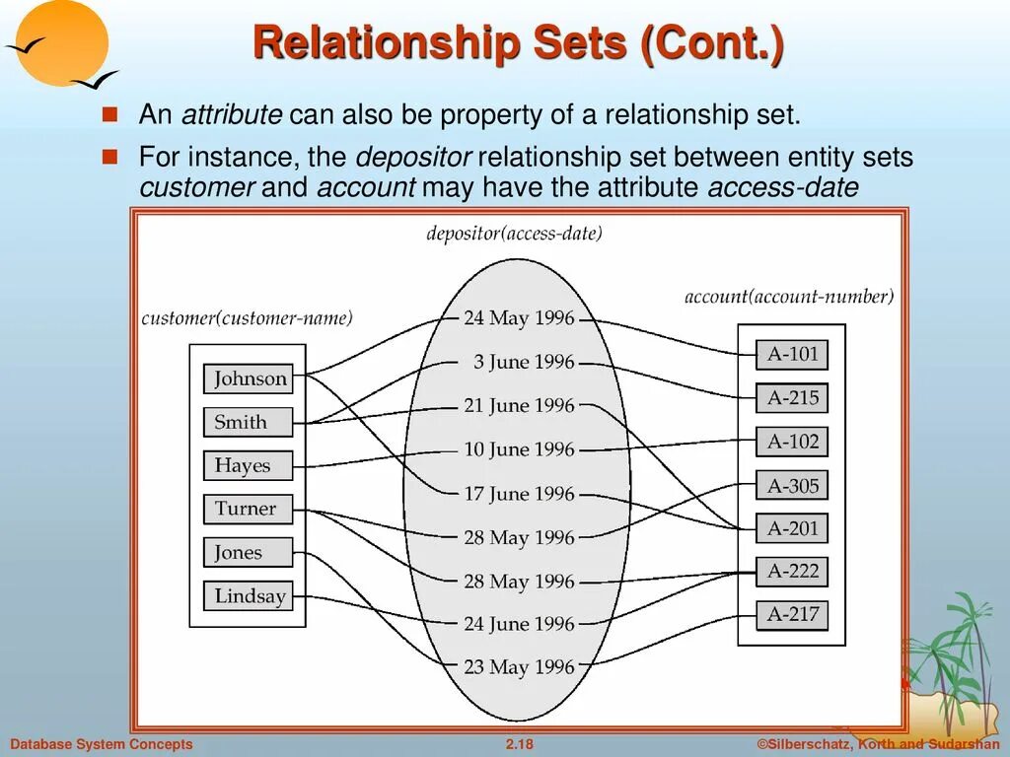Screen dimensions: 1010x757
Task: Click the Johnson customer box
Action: (249, 378)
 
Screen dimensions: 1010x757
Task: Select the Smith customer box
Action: (249, 422)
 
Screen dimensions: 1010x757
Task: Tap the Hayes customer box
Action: (249, 465)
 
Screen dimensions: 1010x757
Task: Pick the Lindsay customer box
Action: (249, 595)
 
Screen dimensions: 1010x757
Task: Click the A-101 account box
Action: (792, 354)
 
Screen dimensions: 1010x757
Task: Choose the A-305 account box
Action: (792, 485)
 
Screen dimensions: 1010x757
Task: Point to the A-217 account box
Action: (792, 614)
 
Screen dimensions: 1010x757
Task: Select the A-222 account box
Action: (792, 571)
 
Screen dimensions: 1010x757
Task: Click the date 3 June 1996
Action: (523, 362)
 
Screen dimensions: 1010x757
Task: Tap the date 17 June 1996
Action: (519, 494)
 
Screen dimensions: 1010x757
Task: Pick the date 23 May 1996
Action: (519, 667)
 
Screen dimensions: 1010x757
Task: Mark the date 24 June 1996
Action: (519, 624)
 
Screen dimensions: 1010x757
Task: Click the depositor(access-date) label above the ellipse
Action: (514, 234)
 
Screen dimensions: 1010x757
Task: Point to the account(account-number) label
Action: (789, 297)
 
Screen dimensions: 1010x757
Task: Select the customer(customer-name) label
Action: (247, 318)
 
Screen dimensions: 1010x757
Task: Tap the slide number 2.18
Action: (519, 744)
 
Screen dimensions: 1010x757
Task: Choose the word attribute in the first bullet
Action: (232, 114)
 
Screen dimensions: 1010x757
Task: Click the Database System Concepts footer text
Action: (102, 744)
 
